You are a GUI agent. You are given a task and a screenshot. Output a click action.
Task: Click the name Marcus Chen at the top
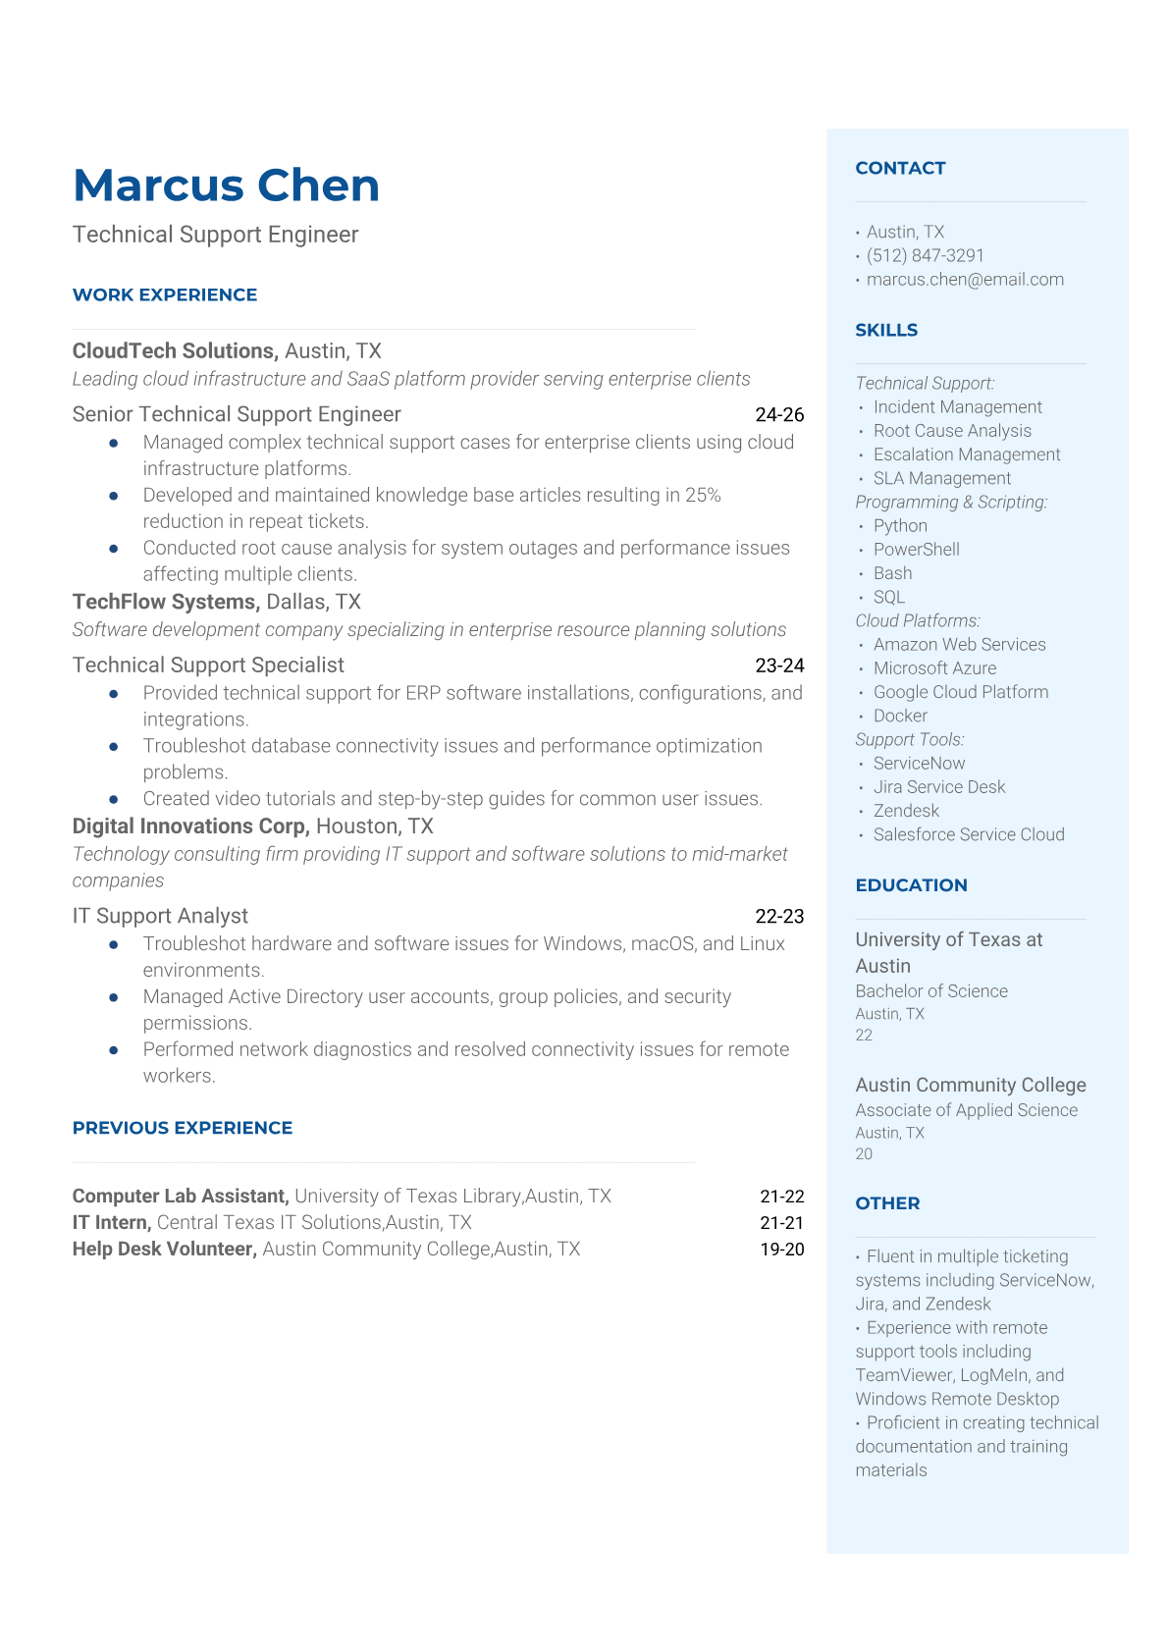pos(226,186)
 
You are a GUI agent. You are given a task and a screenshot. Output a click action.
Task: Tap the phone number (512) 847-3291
pos(925,255)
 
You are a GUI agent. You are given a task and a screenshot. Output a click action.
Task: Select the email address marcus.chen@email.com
pos(965,280)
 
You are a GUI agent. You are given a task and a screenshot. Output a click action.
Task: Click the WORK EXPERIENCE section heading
pos(165,294)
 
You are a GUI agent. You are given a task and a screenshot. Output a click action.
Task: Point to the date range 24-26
pos(779,415)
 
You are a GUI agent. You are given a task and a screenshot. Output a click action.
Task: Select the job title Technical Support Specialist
pos(208,666)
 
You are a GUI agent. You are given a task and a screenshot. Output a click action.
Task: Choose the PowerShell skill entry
pos(916,550)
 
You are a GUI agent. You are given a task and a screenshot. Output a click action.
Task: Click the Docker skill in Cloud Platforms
pos(900,717)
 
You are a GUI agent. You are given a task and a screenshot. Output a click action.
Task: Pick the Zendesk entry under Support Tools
pos(906,811)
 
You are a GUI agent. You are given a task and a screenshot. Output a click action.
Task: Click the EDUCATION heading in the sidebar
pos(911,885)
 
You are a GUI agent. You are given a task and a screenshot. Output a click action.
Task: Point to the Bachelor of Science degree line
pos(931,991)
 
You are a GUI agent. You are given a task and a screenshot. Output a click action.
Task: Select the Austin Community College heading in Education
pos(971,1085)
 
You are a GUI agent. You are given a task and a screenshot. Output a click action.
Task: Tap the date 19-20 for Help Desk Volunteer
pos(781,1250)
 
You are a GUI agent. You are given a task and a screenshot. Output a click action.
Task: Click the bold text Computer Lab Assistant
pos(181,1197)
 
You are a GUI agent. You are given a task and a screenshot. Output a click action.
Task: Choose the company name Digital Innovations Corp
pos(191,826)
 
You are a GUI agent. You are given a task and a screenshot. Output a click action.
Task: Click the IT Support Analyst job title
pos(160,916)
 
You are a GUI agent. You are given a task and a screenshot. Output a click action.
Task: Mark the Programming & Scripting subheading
pos(951,503)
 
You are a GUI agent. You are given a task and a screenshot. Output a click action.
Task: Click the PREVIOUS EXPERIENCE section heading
pos(183,1128)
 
